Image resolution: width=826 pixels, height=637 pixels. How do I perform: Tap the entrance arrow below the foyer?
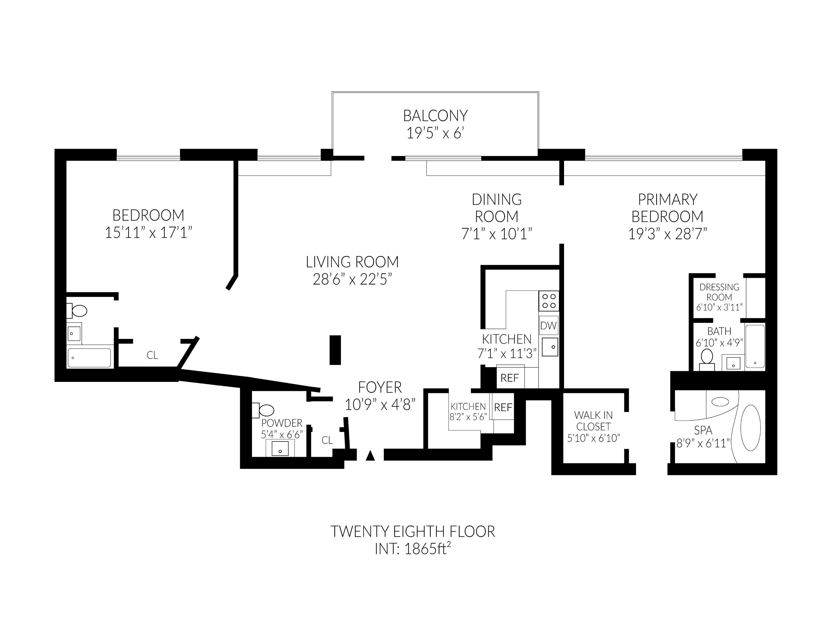(x=370, y=456)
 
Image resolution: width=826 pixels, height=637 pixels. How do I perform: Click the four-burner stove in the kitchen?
(x=548, y=301)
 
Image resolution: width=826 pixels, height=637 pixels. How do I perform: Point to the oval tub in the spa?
(x=750, y=428)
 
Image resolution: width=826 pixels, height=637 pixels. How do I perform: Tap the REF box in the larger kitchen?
(x=509, y=378)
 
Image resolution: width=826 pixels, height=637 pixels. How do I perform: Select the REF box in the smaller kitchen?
(x=503, y=408)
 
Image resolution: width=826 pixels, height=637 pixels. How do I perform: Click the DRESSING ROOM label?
(x=719, y=292)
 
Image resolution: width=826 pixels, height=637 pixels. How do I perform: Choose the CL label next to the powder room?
(x=327, y=440)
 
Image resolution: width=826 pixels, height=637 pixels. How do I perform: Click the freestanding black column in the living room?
(x=335, y=350)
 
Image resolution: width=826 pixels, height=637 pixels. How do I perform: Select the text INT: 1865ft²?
(x=412, y=549)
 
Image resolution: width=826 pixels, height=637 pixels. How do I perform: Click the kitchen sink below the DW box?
(x=550, y=347)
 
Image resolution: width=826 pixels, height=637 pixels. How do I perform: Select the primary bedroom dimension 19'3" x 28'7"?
(x=667, y=234)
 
